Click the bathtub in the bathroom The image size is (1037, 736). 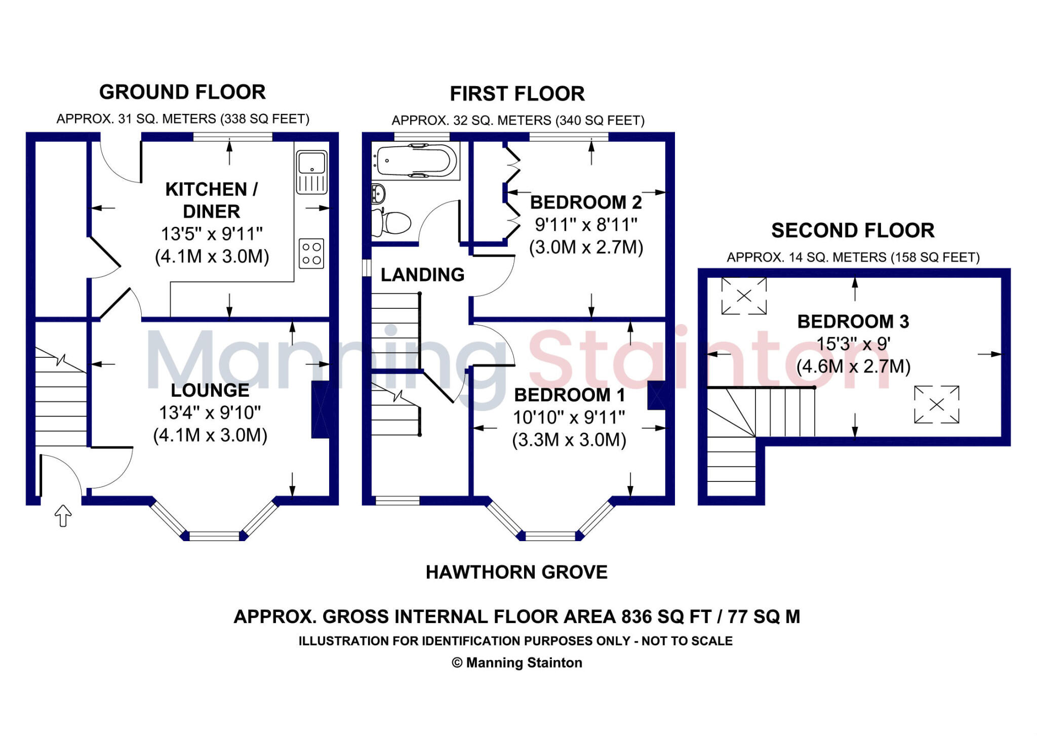(x=414, y=161)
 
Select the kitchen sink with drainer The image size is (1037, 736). (x=311, y=172)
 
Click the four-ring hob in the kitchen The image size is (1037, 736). (x=311, y=254)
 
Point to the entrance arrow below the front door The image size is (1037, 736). (x=63, y=516)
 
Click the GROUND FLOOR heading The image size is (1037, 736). (x=182, y=92)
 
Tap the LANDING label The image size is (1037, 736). (x=422, y=275)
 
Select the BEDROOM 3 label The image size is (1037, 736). (x=853, y=321)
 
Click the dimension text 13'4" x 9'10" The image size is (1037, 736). (x=210, y=413)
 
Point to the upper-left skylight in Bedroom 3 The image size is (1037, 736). (x=744, y=296)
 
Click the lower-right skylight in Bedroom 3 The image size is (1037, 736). (x=937, y=404)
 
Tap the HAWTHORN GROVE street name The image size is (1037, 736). (x=516, y=572)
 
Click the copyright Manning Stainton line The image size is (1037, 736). (x=516, y=663)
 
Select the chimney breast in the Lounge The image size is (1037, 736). (x=320, y=410)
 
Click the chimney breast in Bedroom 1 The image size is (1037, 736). (x=656, y=395)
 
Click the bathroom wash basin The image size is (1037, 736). (x=378, y=193)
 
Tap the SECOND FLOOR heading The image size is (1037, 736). (x=853, y=231)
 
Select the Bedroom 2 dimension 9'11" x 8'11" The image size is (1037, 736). (x=586, y=224)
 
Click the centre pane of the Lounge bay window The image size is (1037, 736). (x=214, y=536)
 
